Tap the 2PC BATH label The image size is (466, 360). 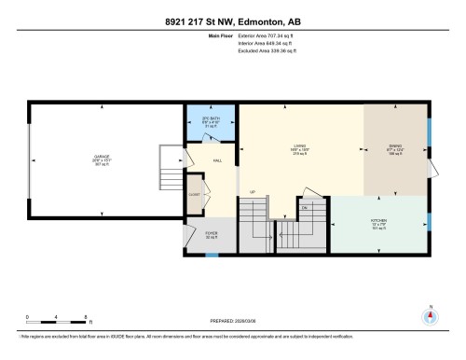click(210, 119)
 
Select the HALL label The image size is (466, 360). click(216, 160)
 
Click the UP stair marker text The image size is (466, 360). click(252, 192)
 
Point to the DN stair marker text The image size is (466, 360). click(304, 207)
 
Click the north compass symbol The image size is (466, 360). click(430, 315)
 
